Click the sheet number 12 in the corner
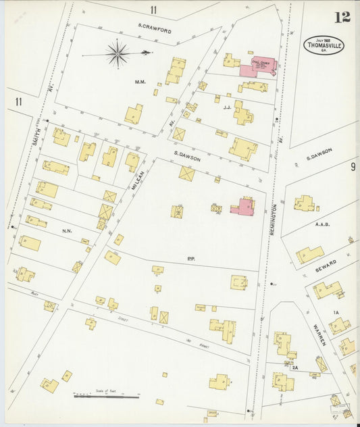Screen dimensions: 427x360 pos(342,16)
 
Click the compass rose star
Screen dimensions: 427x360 pos(118,53)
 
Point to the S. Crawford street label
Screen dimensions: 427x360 pos(155,30)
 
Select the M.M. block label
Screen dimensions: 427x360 pos(140,82)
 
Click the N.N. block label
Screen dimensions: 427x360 pos(67,231)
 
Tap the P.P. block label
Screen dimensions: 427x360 pos(191,259)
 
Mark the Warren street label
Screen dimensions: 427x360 pos(319,335)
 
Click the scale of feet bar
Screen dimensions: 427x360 pos(106,396)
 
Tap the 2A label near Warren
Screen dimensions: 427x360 pos(295,367)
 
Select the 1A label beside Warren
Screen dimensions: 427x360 pos(335,311)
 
